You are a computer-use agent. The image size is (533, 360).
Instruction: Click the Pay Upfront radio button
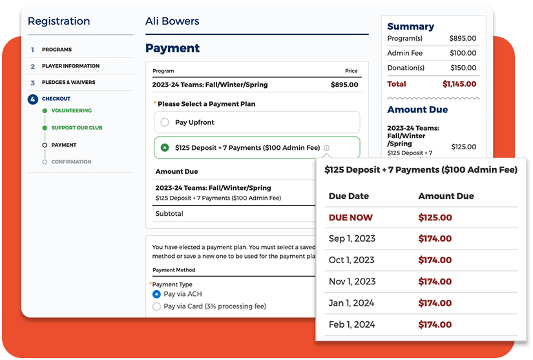165,122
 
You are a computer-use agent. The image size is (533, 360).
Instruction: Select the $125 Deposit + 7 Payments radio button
165,147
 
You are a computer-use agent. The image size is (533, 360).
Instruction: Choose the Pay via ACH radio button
156,294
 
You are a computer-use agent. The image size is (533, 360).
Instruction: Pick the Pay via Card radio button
156,306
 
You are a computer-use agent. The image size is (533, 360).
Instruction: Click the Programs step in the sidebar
57,50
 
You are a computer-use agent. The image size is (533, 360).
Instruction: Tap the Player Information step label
70,66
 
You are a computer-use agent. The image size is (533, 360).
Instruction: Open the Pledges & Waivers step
68,83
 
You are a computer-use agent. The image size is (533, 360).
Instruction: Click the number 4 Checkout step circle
33,99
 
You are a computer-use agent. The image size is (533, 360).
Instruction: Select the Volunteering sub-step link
71,111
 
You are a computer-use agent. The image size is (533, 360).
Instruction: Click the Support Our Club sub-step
76,128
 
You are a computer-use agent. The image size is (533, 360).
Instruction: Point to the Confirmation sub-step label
71,162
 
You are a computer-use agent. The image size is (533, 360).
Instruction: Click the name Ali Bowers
172,21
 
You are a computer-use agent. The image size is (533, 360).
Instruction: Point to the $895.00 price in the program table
345,85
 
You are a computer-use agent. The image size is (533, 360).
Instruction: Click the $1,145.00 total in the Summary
459,84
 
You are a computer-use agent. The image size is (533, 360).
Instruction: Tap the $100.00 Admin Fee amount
463,53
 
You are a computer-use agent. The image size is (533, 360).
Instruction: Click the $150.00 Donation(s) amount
463,68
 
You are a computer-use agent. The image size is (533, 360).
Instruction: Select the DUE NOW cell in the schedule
351,218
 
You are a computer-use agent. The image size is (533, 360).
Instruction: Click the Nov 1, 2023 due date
352,281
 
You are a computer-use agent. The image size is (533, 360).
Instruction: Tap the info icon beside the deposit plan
326,148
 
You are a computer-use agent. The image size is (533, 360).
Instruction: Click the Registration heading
59,21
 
